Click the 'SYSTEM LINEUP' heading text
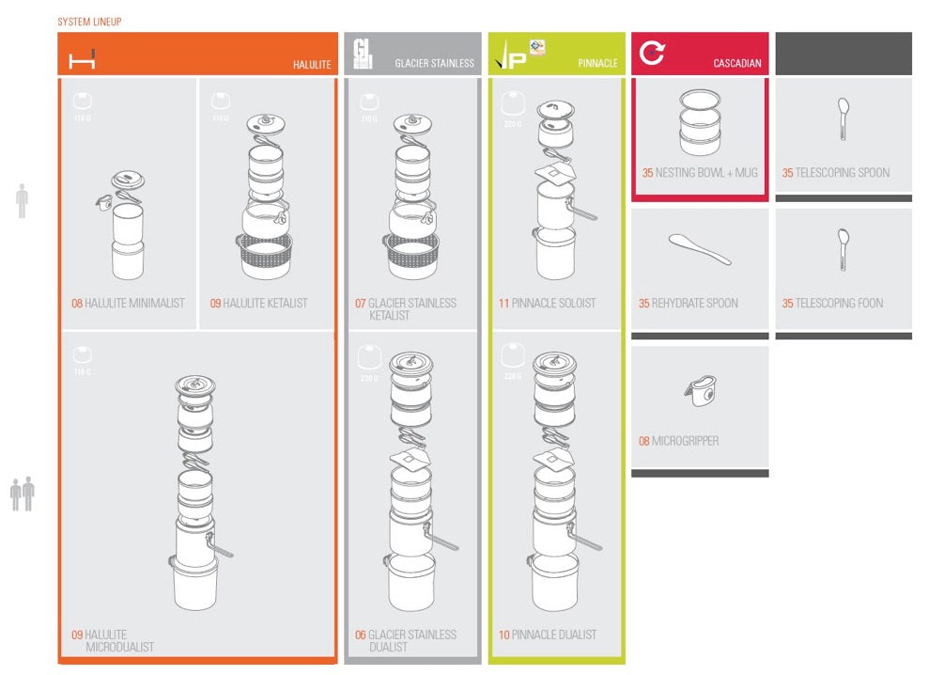click(89, 22)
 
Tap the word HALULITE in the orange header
click(312, 64)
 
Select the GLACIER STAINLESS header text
click(434, 64)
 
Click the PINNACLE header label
click(597, 64)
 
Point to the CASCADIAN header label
click(737, 64)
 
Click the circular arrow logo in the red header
click(651, 54)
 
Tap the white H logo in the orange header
click(82, 61)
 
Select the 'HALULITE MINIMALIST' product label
click(128, 304)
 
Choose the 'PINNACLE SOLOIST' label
click(547, 304)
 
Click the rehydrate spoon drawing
click(700, 249)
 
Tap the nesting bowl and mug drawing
click(699, 122)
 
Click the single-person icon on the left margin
click(22, 202)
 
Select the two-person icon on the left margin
click(22, 494)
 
